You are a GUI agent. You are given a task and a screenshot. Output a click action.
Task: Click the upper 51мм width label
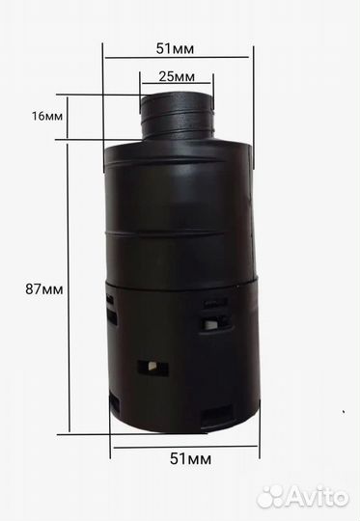click(x=175, y=48)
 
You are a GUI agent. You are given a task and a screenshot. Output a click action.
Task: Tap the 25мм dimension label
click(x=177, y=76)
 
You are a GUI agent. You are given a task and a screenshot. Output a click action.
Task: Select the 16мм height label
click(x=47, y=116)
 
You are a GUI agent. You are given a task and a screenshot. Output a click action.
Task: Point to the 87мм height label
click(x=43, y=289)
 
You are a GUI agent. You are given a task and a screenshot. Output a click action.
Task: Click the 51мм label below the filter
click(x=190, y=459)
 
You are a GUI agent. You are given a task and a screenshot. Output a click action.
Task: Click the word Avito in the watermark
click(x=318, y=498)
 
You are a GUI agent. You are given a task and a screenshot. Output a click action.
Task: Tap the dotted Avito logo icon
click(x=270, y=497)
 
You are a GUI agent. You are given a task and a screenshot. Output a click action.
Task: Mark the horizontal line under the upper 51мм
click(x=177, y=58)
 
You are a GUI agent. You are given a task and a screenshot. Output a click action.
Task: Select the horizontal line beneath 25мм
click(x=177, y=83)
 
